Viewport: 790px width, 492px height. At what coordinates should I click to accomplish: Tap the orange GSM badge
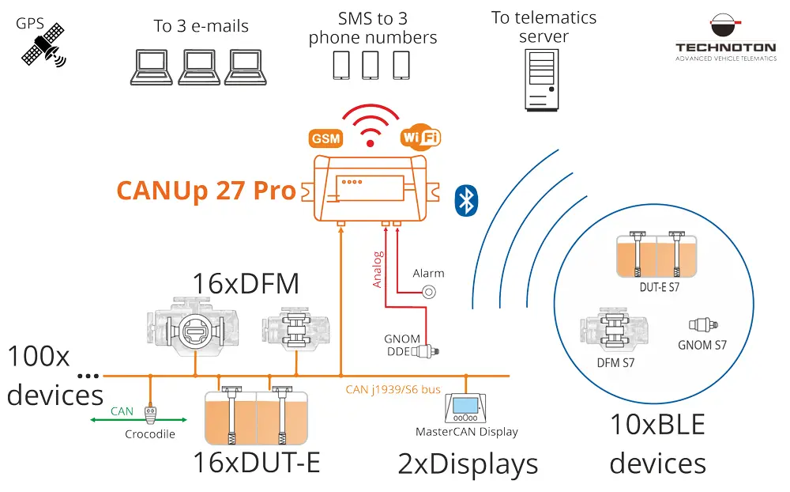pyautogui.click(x=325, y=138)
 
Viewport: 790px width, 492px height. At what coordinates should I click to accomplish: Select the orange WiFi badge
pyautogui.click(x=420, y=137)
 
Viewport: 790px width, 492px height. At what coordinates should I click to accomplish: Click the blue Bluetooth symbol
pyautogui.click(x=466, y=200)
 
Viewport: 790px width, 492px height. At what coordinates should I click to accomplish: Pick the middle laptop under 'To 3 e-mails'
pyautogui.click(x=199, y=67)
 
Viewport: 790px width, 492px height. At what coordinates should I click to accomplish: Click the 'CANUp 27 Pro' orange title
pyautogui.click(x=206, y=191)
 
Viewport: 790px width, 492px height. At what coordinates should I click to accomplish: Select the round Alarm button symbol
pyautogui.click(x=429, y=292)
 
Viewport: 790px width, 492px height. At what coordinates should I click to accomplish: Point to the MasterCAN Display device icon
pyautogui.click(x=466, y=408)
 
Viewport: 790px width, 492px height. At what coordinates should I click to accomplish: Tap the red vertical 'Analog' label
pyautogui.click(x=378, y=269)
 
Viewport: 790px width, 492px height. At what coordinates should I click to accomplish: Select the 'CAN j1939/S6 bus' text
pyautogui.click(x=393, y=389)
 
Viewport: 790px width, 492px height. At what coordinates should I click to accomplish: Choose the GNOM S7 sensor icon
pyautogui.click(x=701, y=325)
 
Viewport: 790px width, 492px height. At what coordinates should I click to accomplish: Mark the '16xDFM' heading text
pyautogui.click(x=246, y=283)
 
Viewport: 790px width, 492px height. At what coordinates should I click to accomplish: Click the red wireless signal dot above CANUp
pyautogui.click(x=370, y=143)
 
